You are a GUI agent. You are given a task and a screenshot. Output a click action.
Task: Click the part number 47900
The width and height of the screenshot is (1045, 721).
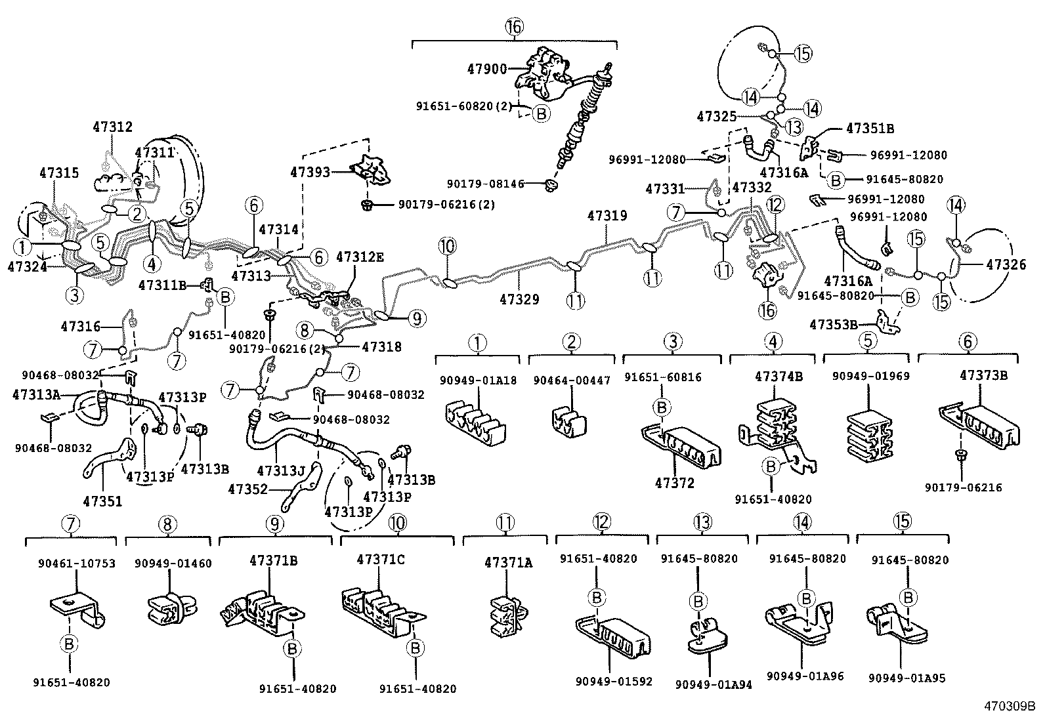[486, 68]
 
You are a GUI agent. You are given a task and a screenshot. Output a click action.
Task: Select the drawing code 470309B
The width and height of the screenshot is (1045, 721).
[1008, 707]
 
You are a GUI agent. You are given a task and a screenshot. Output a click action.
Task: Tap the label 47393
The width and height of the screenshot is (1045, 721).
[310, 172]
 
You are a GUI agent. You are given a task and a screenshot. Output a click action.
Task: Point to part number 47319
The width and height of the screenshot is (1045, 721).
[607, 215]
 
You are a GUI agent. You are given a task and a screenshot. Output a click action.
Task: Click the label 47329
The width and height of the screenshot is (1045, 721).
[519, 299]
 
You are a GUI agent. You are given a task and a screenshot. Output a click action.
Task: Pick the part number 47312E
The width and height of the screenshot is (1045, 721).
[359, 257]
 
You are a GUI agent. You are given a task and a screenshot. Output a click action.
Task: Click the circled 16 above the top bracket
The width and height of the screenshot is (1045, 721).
[514, 26]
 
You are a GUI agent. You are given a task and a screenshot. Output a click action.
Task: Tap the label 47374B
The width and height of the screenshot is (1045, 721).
[778, 377]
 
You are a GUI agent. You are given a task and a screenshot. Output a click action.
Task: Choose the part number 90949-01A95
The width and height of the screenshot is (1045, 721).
[906, 678]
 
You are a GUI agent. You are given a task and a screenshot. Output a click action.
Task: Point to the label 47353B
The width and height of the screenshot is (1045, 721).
[833, 324]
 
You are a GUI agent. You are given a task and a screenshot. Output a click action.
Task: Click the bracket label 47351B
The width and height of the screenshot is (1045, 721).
[870, 129]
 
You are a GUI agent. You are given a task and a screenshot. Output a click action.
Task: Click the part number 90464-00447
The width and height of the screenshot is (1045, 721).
[572, 380]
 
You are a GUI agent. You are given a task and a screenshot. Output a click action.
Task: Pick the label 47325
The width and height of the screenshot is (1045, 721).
[717, 116]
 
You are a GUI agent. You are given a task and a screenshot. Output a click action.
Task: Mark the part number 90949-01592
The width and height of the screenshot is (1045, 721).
[614, 681]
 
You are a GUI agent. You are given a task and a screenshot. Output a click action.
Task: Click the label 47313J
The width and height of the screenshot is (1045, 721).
[282, 470]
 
